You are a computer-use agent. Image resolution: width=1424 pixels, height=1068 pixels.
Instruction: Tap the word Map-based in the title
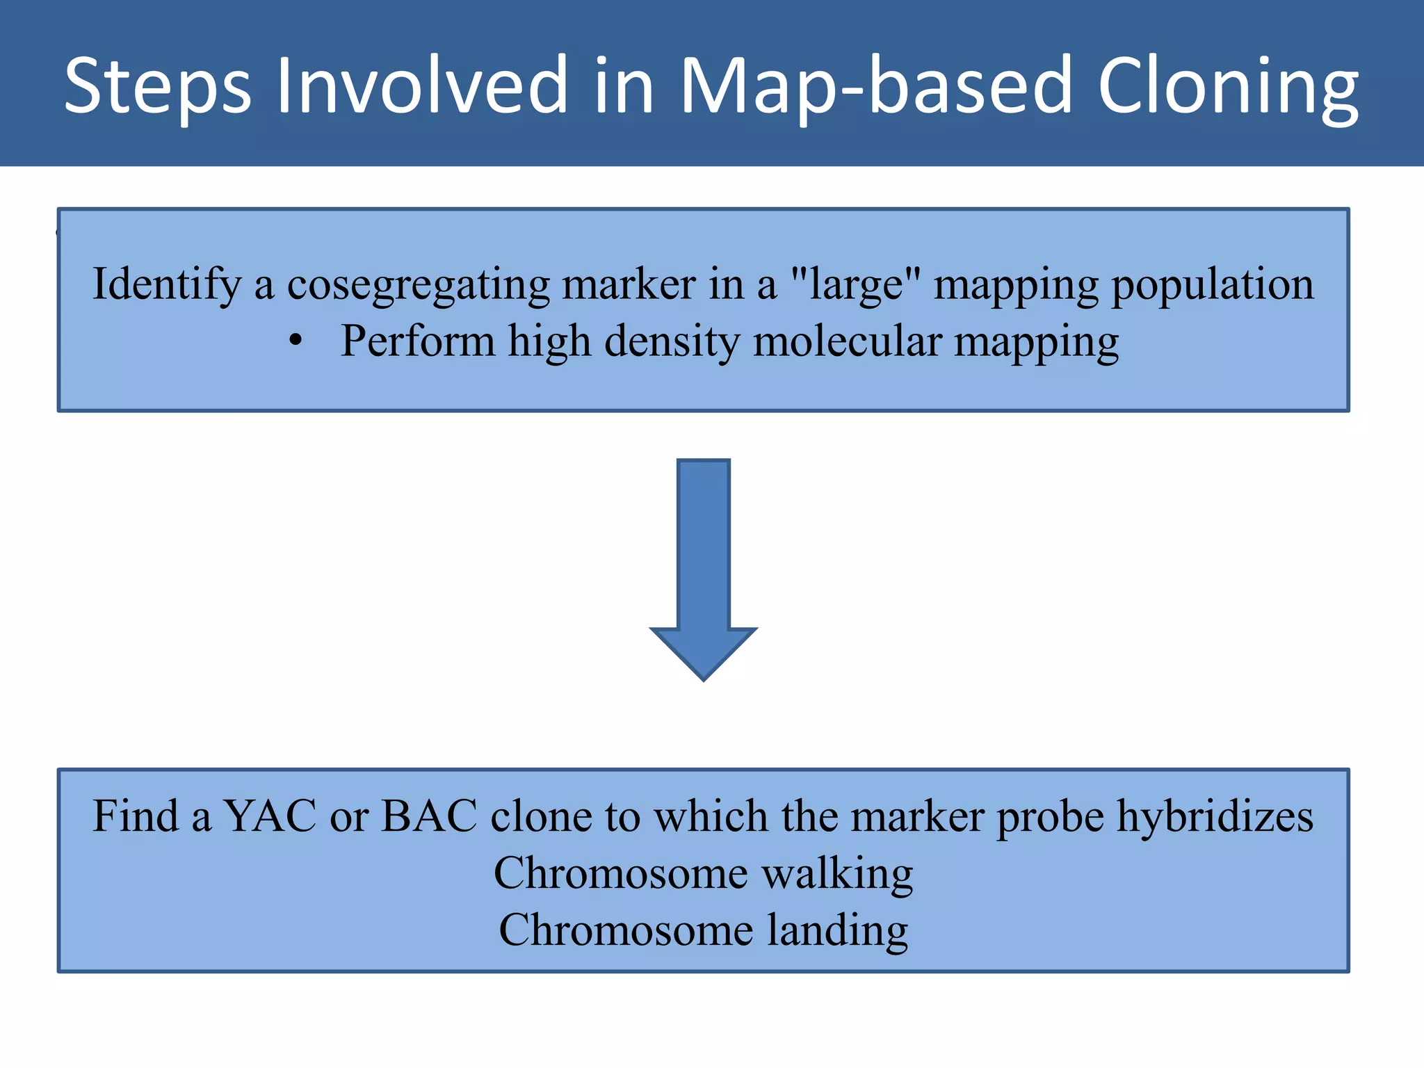tap(875, 87)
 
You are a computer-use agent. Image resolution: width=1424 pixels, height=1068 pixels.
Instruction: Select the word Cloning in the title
tap(1228, 87)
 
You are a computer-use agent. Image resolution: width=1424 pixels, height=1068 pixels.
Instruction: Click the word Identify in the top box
tap(167, 285)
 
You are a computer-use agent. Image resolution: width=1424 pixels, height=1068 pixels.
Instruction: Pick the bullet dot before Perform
tap(296, 341)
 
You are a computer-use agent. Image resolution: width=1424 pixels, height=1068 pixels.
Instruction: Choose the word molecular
tap(848, 341)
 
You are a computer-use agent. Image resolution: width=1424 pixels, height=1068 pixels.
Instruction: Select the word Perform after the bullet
tap(417, 341)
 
